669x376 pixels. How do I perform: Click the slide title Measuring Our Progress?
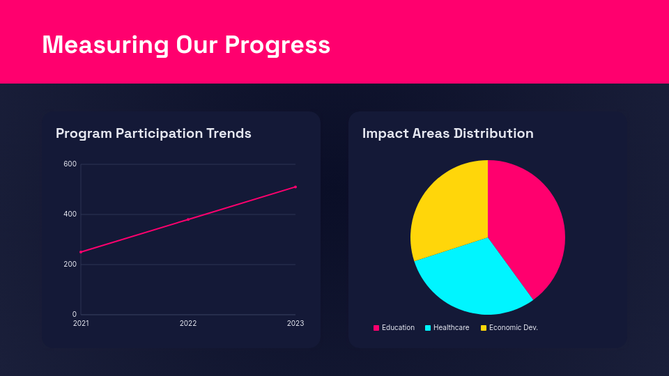pos(186,45)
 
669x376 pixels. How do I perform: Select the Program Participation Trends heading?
pos(153,133)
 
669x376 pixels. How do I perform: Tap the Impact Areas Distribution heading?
pos(447,133)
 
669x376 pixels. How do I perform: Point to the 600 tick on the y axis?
pos(70,164)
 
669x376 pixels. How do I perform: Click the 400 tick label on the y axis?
pos(70,214)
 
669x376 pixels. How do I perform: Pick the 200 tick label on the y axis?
pos(70,265)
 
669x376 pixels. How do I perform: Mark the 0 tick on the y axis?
pos(75,315)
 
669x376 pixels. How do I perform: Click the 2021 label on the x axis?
pos(81,324)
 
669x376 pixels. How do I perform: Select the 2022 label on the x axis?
pos(188,324)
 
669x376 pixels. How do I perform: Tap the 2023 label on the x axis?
pos(295,324)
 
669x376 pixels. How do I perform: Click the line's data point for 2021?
pos(81,252)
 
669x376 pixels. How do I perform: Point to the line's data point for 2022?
pos(188,219)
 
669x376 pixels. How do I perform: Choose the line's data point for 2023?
pos(295,187)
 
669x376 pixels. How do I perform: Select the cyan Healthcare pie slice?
pos(474,279)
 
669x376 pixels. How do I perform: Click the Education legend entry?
pos(394,328)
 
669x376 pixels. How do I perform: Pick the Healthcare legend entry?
pos(447,328)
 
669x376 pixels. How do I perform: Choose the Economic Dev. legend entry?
pos(509,328)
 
